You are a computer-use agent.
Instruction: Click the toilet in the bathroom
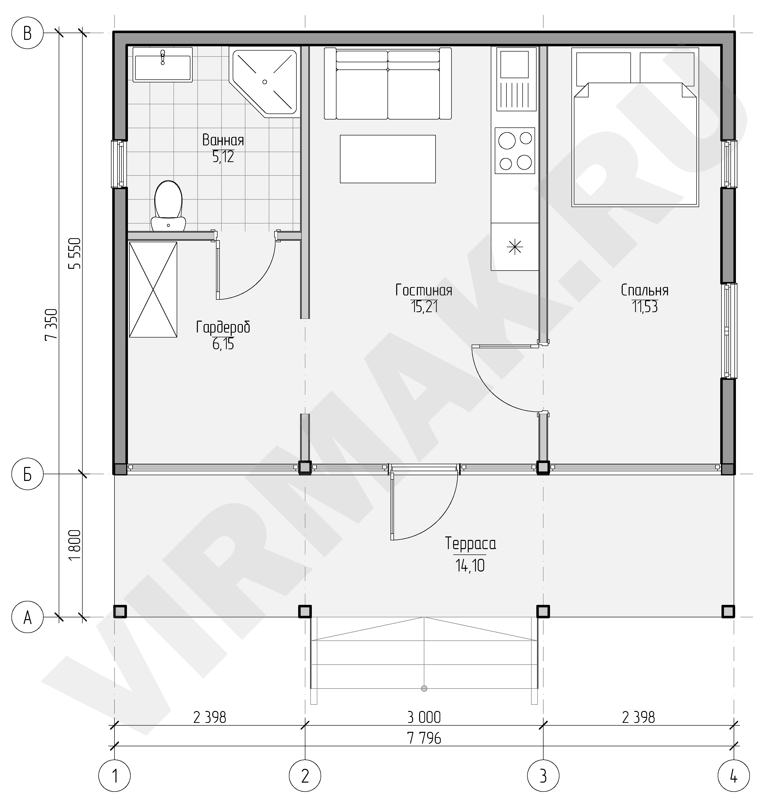[168, 206]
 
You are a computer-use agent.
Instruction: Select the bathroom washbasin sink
[163, 64]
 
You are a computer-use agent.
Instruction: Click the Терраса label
[470, 544]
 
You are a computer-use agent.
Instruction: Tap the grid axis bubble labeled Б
[28, 474]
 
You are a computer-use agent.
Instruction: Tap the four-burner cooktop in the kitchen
[515, 151]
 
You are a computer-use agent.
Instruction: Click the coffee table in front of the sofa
[388, 159]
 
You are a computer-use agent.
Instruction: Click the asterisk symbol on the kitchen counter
[515, 247]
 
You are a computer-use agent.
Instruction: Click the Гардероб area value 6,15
[223, 344]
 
